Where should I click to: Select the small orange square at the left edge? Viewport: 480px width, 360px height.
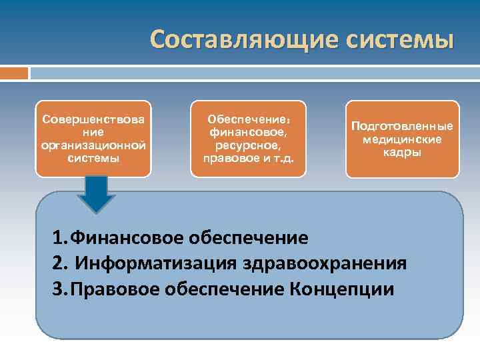[x=14, y=72]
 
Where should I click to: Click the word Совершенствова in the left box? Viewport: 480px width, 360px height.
[x=93, y=119]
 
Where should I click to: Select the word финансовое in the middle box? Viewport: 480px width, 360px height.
[x=247, y=133]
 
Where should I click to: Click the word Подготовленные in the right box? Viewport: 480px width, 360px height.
[x=402, y=126]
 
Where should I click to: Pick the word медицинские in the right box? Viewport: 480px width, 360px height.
[x=402, y=139]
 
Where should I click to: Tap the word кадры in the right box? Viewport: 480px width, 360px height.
[x=402, y=153]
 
